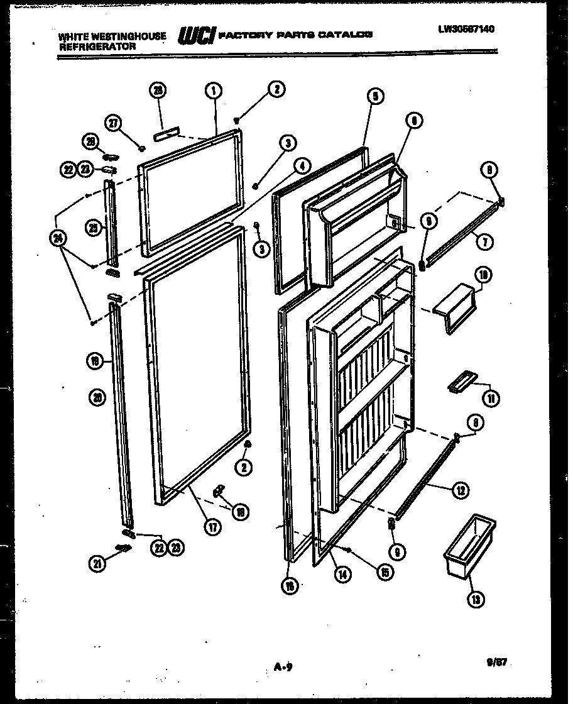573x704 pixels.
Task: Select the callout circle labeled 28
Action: point(158,91)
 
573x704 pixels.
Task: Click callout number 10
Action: point(485,275)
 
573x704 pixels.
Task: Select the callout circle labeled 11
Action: point(490,397)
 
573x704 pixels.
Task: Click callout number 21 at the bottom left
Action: point(96,564)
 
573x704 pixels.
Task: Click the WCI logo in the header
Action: point(196,36)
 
